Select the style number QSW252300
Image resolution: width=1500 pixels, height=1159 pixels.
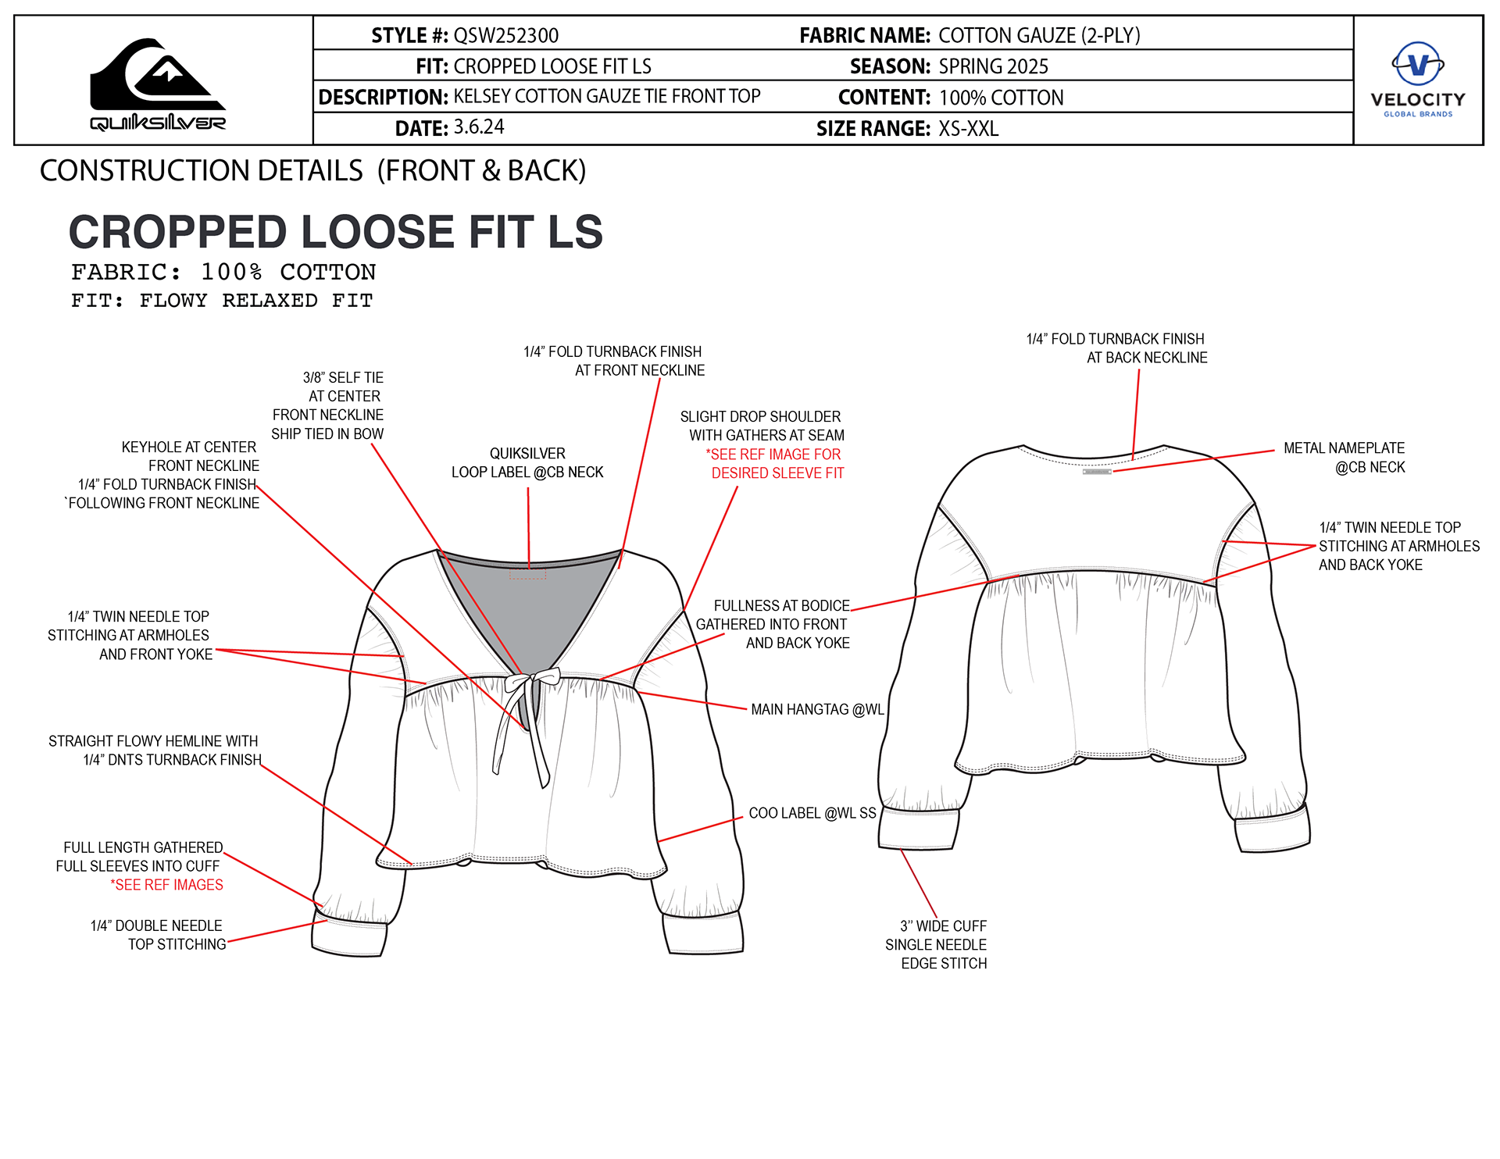click(505, 36)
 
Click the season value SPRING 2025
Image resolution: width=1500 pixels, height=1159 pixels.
click(993, 67)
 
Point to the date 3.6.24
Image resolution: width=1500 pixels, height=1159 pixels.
click(479, 127)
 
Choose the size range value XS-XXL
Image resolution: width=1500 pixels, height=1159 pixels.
click(968, 129)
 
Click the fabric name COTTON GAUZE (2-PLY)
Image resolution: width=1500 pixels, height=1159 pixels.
click(1038, 36)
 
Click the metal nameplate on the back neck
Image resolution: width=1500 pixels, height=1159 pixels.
click(1097, 472)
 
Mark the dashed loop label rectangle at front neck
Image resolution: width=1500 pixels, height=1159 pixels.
click(527, 574)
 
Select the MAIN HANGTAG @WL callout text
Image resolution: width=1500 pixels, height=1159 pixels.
click(817, 710)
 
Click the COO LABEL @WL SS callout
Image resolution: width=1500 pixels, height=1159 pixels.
click(812, 813)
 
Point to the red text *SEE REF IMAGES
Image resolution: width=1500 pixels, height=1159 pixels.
click(166, 885)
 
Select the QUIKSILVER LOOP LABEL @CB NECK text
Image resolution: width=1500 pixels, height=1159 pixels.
click(527, 463)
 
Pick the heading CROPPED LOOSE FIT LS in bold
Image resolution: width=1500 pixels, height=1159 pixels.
click(335, 232)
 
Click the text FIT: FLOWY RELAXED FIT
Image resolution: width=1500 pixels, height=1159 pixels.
click(222, 301)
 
